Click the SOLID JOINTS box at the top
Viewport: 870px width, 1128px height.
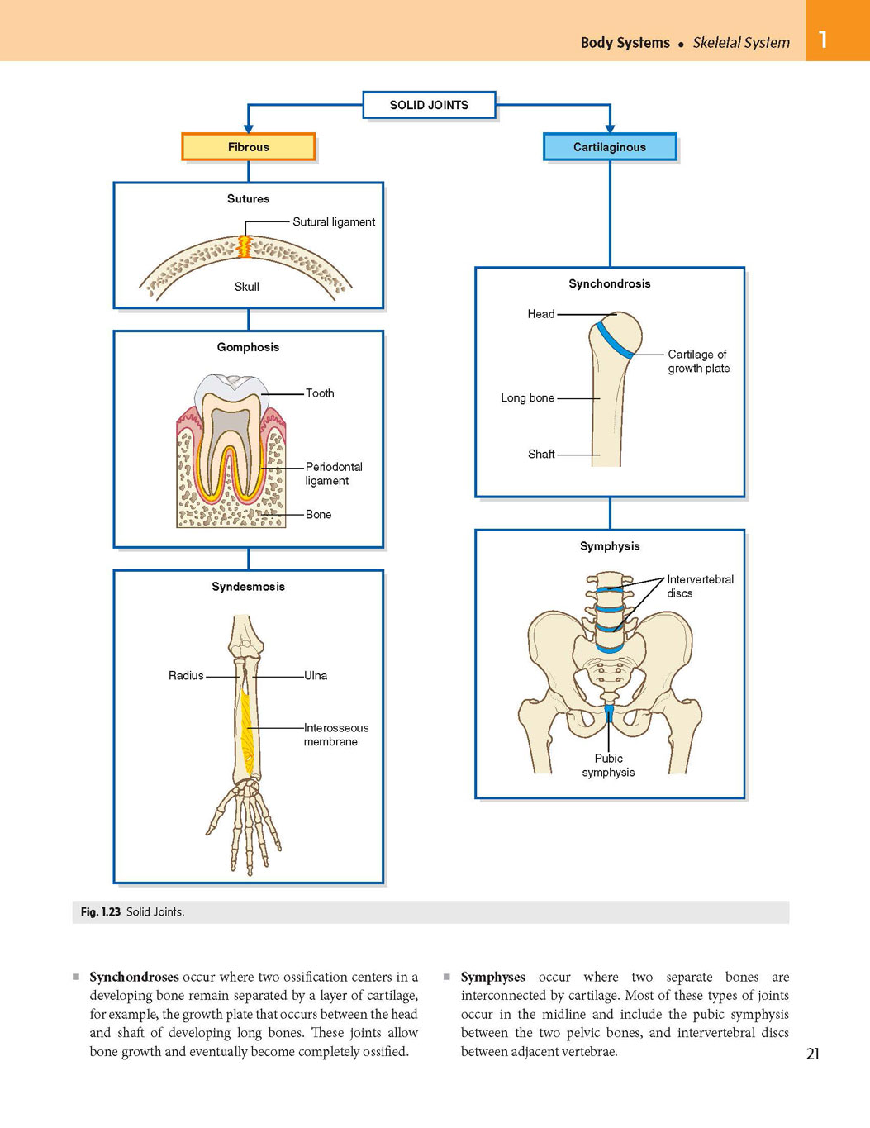click(x=429, y=105)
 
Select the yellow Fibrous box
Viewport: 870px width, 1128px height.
click(x=248, y=147)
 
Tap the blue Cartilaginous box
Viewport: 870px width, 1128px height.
click(x=610, y=147)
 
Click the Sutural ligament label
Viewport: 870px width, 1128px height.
click(x=334, y=221)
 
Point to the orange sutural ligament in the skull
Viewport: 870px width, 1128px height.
click(x=244, y=247)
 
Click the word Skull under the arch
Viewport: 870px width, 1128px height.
click(x=246, y=287)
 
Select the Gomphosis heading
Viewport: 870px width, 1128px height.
click(x=248, y=347)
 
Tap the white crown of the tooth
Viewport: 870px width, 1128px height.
click(x=232, y=387)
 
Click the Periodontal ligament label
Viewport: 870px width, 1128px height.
click(x=334, y=474)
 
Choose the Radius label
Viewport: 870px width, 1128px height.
click(x=186, y=675)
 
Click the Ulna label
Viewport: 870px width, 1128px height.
click(x=316, y=675)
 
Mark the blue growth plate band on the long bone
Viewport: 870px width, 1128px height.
click(x=614, y=340)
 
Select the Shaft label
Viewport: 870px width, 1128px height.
click(x=541, y=455)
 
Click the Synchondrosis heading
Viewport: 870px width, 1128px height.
click(x=610, y=283)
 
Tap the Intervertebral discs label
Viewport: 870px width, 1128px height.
click(x=700, y=586)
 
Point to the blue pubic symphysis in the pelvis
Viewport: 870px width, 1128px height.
click(x=609, y=712)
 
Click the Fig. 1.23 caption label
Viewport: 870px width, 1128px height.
click(x=101, y=912)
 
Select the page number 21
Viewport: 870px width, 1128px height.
click(x=813, y=1054)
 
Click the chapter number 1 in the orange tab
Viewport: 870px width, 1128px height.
click(x=823, y=40)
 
